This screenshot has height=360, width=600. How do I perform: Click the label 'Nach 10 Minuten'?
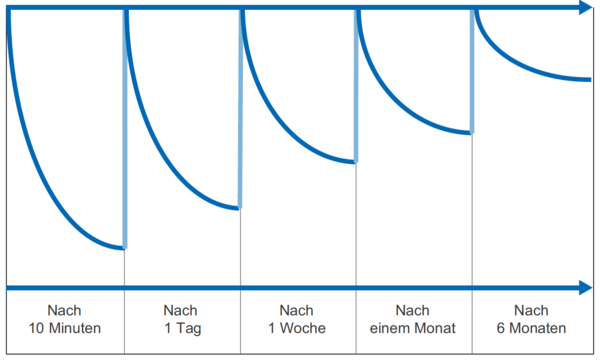[64, 319]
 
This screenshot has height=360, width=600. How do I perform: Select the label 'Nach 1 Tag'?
[182, 319]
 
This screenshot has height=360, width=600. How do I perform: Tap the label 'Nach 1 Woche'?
[297, 319]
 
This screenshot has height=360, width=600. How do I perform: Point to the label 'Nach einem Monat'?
[412, 319]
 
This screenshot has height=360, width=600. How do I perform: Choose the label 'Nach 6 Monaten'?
[530, 319]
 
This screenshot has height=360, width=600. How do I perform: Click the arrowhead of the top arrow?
[584, 9]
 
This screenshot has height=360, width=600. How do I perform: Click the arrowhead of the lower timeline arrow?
[584, 288]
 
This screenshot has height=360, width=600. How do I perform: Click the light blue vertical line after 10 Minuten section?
[125, 130]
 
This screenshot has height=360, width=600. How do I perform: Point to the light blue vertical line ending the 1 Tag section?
[241, 110]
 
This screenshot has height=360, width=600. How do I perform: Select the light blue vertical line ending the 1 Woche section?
[357, 85]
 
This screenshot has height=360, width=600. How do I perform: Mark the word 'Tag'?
[187, 329]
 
